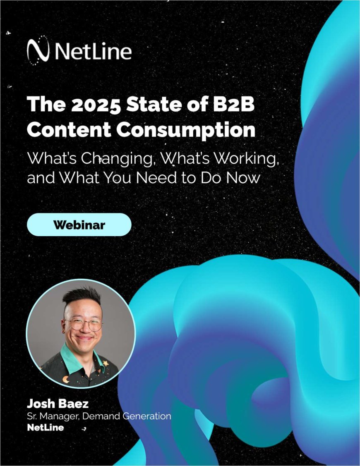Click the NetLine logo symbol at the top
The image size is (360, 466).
point(37,52)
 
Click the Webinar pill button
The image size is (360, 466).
point(79,225)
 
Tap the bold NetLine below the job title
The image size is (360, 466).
point(46,428)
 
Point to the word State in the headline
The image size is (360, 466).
point(151,106)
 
